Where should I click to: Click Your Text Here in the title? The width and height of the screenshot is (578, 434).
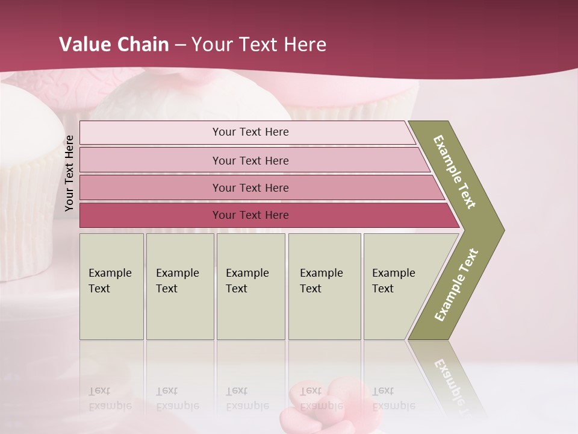(259, 44)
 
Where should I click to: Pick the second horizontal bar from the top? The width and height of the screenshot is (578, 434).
(250, 160)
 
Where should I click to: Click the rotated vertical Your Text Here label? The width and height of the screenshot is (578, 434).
(69, 173)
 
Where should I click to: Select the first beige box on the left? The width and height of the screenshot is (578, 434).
(111, 286)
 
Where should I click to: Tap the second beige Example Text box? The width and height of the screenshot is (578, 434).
(179, 286)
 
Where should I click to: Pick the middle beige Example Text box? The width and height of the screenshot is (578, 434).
(250, 286)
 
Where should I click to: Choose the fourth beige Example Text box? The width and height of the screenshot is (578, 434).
(324, 286)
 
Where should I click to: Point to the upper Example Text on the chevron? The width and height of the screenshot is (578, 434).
(455, 172)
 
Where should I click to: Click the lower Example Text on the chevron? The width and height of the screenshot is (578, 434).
(456, 285)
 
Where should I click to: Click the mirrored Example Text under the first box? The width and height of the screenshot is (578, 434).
(110, 398)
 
